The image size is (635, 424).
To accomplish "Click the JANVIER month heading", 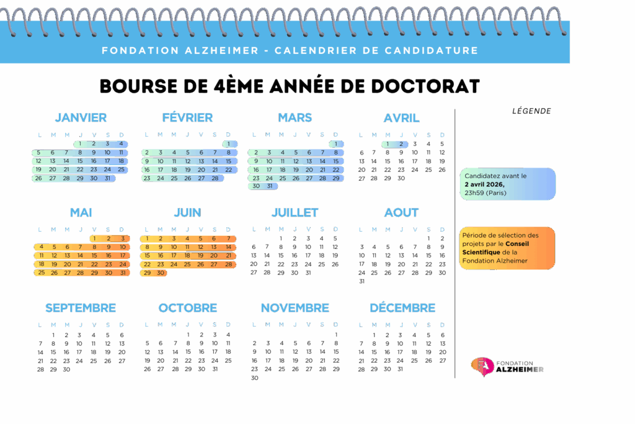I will click(81, 118).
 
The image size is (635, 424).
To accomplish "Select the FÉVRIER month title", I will click(187, 118).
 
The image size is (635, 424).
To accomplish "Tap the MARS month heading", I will click(295, 118).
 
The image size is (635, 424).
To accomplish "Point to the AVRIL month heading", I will click(401, 118).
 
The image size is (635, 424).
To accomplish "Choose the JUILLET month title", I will click(295, 213).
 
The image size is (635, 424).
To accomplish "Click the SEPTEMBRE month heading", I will click(81, 308).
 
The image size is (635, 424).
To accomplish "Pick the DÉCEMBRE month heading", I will click(402, 308).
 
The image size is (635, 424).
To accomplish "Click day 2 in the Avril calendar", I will click(401, 144).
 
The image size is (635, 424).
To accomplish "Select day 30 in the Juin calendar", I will click(161, 273).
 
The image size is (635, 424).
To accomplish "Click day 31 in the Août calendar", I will click(362, 281).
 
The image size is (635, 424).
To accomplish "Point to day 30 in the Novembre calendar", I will click(254, 378).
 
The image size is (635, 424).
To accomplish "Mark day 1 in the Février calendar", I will click(229, 144).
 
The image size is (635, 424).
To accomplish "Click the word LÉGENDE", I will click(531, 112).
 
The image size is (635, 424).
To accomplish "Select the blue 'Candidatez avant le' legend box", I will click(507, 184).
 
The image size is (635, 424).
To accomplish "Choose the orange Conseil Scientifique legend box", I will click(507, 248).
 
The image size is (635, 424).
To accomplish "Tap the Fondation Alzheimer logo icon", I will click(480, 366).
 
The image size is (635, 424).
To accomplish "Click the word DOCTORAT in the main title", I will click(425, 86).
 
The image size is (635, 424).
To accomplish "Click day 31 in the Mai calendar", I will click(122, 273).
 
